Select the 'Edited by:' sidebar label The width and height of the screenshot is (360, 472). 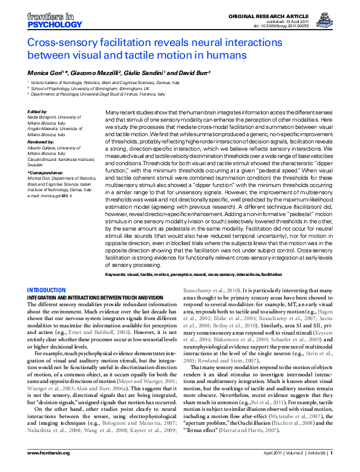pyautogui.click(x=38, y=112)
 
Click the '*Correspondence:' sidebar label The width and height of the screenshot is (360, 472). pyautogui.click(x=45, y=172)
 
